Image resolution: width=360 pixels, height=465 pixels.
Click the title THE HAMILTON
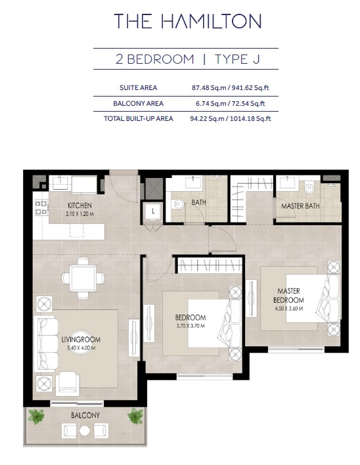click(187, 21)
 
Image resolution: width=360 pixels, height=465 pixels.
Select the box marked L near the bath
click(152, 211)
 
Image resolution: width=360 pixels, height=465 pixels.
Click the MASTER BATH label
click(300, 206)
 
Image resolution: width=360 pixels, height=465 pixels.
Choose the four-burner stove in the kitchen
click(40, 208)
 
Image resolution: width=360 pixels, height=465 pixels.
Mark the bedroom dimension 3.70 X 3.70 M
click(191, 325)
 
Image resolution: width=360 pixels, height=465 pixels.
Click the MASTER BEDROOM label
click(288, 295)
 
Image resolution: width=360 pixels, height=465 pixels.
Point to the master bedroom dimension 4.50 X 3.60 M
click(288, 308)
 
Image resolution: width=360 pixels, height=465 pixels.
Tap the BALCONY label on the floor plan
click(85, 416)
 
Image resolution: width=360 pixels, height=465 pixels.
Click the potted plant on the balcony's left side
click(37, 416)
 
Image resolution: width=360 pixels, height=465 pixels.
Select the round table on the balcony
click(85, 431)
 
